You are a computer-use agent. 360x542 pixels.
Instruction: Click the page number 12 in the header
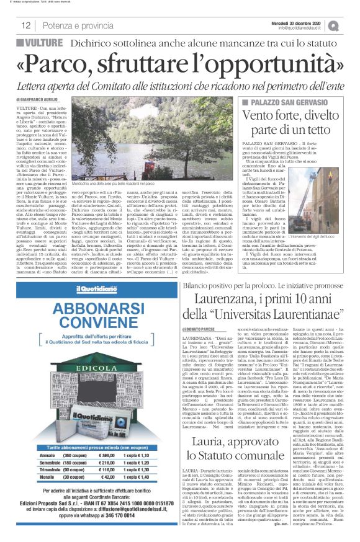click(x=26, y=25)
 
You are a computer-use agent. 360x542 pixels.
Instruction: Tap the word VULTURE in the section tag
click(x=47, y=43)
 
